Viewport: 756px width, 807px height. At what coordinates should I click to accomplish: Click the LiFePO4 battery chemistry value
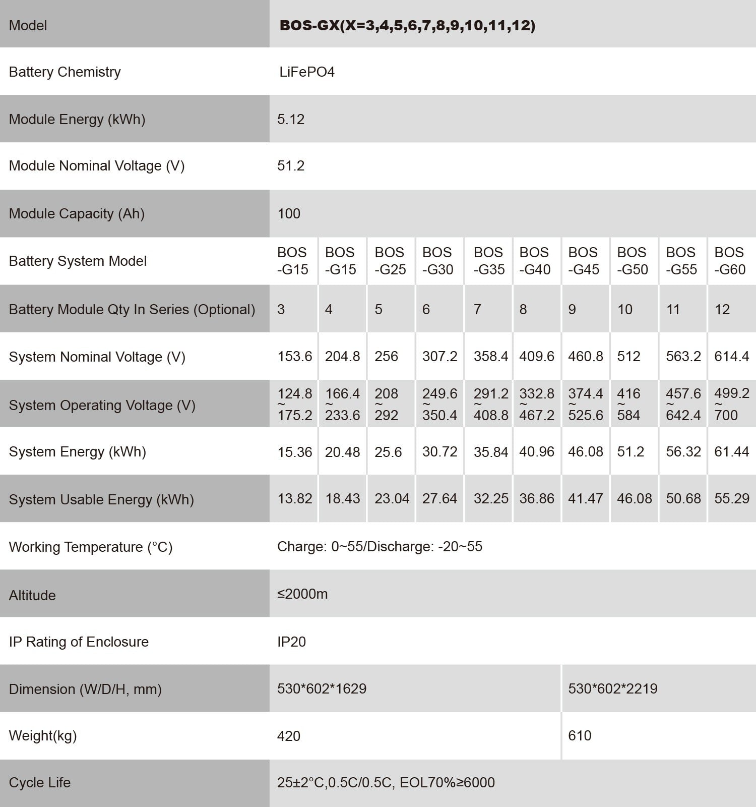point(307,72)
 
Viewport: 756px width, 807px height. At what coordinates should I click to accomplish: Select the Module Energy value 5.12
point(291,119)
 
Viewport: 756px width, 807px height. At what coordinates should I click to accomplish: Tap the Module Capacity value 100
point(289,213)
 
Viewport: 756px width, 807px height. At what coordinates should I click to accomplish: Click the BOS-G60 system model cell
point(729,261)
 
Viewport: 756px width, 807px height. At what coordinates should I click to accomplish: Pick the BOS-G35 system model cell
point(489,261)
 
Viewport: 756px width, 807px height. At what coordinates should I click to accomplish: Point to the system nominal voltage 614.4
point(731,356)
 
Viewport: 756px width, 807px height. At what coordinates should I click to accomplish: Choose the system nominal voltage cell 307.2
point(439,356)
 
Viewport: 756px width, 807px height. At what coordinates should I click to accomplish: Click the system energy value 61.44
point(731,451)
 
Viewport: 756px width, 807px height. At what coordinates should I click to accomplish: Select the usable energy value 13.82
point(295,498)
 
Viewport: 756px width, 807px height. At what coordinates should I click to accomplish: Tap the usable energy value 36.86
point(536,498)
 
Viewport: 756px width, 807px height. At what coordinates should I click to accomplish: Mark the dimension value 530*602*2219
point(612,688)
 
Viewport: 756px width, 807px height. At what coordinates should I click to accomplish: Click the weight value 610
point(580,735)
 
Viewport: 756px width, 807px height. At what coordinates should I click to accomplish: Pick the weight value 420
point(289,736)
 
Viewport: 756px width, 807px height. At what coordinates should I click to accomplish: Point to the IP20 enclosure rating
point(291,642)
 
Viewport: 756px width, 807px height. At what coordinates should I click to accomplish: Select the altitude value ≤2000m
point(302,594)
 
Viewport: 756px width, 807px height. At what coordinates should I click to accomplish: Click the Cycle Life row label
point(40,782)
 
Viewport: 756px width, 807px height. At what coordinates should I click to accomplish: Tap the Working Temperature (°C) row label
point(91,547)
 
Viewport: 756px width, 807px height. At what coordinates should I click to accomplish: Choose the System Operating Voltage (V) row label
point(102,405)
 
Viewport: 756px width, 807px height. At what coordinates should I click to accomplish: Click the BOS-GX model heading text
point(407,25)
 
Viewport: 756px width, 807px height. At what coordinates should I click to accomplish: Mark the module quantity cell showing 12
point(722,309)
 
